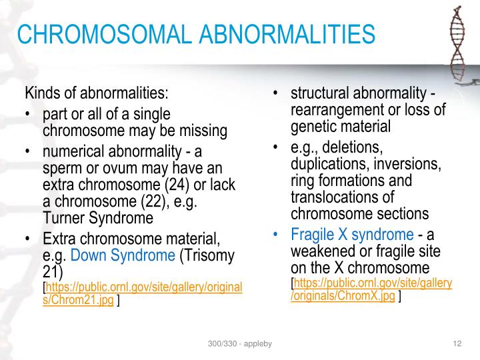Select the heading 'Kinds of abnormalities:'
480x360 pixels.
click(x=97, y=92)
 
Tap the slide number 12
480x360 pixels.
click(x=457, y=343)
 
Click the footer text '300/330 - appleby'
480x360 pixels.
click(x=239, y=343)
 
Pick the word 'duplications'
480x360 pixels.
click(x=326, y=163)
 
